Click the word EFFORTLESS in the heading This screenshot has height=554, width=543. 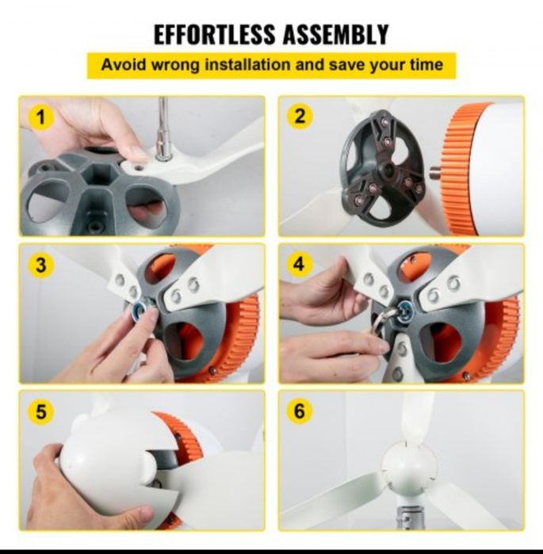pos(215,34)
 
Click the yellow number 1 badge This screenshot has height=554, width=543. pos(41,117)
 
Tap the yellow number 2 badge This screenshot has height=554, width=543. pos(299,117)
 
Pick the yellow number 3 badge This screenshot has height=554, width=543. pos(41,264)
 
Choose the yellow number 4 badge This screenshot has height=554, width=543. pos(299,264)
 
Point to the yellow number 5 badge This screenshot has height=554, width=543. pos(41,411)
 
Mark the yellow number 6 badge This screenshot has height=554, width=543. pos(299,411)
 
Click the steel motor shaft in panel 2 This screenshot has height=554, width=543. pos(435,173)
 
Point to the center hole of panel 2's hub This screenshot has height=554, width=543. pos(389,170)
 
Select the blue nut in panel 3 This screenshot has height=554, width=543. pos(140,307)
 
